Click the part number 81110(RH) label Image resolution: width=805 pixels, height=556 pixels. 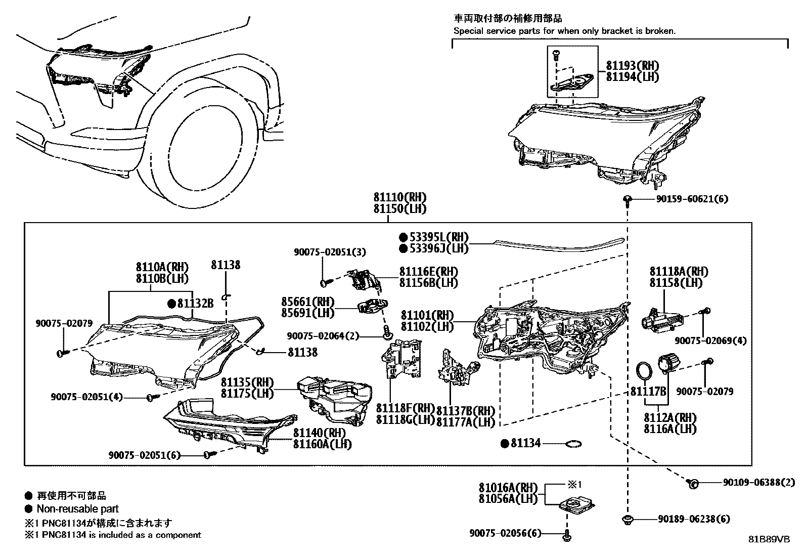399,197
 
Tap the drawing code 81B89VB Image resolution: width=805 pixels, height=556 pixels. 769,539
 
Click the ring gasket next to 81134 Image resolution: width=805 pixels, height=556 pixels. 573,444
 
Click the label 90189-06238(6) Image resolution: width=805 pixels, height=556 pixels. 694,519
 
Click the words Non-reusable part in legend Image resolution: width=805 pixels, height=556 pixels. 77,509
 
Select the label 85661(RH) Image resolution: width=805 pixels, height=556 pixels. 307,302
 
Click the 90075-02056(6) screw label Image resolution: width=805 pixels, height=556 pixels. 505,533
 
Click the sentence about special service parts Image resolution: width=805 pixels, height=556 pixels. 564,31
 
